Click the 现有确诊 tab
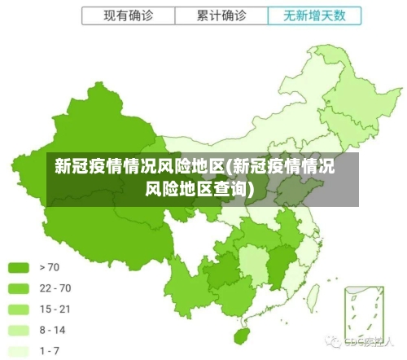click(x=128, y=15)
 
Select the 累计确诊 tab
click(x=221, y=15)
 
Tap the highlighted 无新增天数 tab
click(x=313, y=15)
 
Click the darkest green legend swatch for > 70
click(x=19, y=267)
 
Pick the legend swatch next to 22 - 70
click(x=19, y=288)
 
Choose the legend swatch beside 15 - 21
click(x=19, y=310)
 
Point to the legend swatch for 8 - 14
click(x=19, y=331)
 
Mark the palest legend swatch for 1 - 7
click(x=19, y=351)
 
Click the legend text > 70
click(x=49, y=267)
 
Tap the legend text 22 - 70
click(x=55, y=288)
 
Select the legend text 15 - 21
click(x=55, y=310)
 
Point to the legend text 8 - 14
click(x=52, y=331)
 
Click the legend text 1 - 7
click(x=50, y=351)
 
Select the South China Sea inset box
click(x=362, y=310)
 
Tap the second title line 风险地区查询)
click(x=199, y=190)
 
